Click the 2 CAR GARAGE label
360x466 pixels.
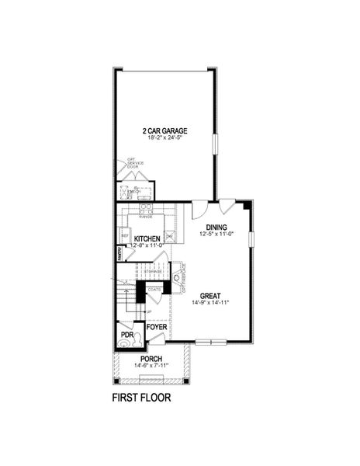pos(164,130)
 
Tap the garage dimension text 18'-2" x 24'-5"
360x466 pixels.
pos(164,138)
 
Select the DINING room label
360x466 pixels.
pos(216,227)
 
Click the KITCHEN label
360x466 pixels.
pos(147,238)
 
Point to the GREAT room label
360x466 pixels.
pos(210,295)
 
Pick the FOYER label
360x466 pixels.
pos(157,327)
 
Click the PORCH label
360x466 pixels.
pos(151,359)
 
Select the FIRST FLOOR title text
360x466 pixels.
pos(142,398)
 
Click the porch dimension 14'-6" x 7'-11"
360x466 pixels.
pos(151,367)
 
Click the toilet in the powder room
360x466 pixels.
pos(126,339)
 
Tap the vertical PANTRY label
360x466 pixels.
pos(120,252)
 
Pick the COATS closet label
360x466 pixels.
pos(154,289)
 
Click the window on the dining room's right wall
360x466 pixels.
pos(251,236)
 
